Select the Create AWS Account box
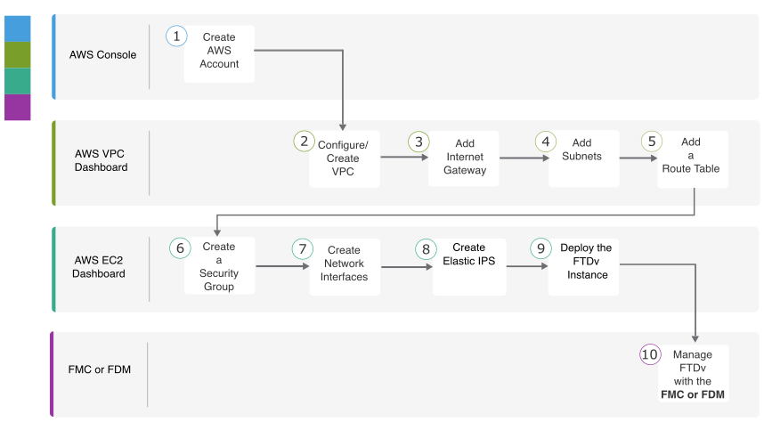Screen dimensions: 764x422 click(219, 53)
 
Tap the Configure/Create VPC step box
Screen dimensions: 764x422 click(345, 158)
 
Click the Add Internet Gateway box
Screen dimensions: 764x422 click(463, 158)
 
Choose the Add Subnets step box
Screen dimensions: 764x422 click(584, 158)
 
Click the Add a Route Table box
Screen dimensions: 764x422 click(693, 159)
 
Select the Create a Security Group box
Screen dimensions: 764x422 click(219, 265)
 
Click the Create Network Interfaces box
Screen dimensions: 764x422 click(345, 266)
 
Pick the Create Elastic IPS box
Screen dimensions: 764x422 click(469, 266)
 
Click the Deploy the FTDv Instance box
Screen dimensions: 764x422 click(583, 266)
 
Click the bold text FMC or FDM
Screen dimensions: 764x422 click(693, 394)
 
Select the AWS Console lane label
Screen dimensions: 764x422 click(102, 54)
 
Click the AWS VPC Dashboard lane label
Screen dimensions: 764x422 click(101, 160)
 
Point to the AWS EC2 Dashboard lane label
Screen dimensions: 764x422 click(99, 267)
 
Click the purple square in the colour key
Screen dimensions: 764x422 click(18, 107)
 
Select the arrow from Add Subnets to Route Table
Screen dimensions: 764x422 click(638, 158)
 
